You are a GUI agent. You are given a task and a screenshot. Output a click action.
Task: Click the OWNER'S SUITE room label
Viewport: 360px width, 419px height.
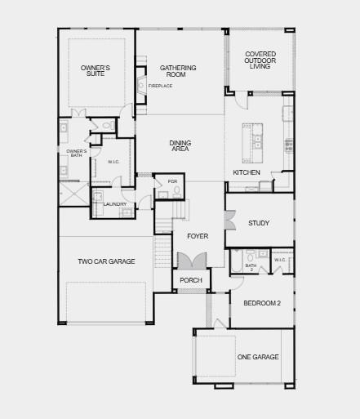[96, 70]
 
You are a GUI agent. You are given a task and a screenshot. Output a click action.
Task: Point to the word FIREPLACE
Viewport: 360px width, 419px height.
[160, 86]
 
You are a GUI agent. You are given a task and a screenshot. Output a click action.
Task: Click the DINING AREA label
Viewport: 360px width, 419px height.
[180, 146]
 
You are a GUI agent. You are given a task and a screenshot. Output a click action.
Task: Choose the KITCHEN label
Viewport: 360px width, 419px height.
[247, 173]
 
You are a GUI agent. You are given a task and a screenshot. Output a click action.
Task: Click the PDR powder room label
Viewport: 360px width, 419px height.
[172, 181]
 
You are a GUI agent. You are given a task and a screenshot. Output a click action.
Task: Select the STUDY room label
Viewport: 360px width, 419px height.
[259, 223]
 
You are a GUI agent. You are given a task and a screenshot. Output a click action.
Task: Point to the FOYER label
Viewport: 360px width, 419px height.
[198, 236]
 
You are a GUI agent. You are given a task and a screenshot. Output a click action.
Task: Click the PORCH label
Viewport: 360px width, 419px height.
[191, 280]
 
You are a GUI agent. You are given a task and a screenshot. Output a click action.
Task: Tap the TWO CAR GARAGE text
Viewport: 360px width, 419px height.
[106, 261]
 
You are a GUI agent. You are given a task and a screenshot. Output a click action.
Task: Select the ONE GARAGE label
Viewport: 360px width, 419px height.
[258, 357]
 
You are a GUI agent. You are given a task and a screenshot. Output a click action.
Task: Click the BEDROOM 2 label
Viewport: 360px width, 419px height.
[261, 303]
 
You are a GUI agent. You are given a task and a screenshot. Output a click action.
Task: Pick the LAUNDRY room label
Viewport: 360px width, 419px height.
[114, 204]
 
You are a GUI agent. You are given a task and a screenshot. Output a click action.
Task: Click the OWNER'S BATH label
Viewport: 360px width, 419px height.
[75, 153]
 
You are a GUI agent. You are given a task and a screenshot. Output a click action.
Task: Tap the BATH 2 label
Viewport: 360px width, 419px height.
[251, 266]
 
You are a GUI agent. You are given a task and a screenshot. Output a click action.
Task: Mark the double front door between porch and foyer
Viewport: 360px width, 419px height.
[191, 261]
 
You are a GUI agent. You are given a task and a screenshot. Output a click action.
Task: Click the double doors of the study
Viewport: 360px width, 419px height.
[229, 221]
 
